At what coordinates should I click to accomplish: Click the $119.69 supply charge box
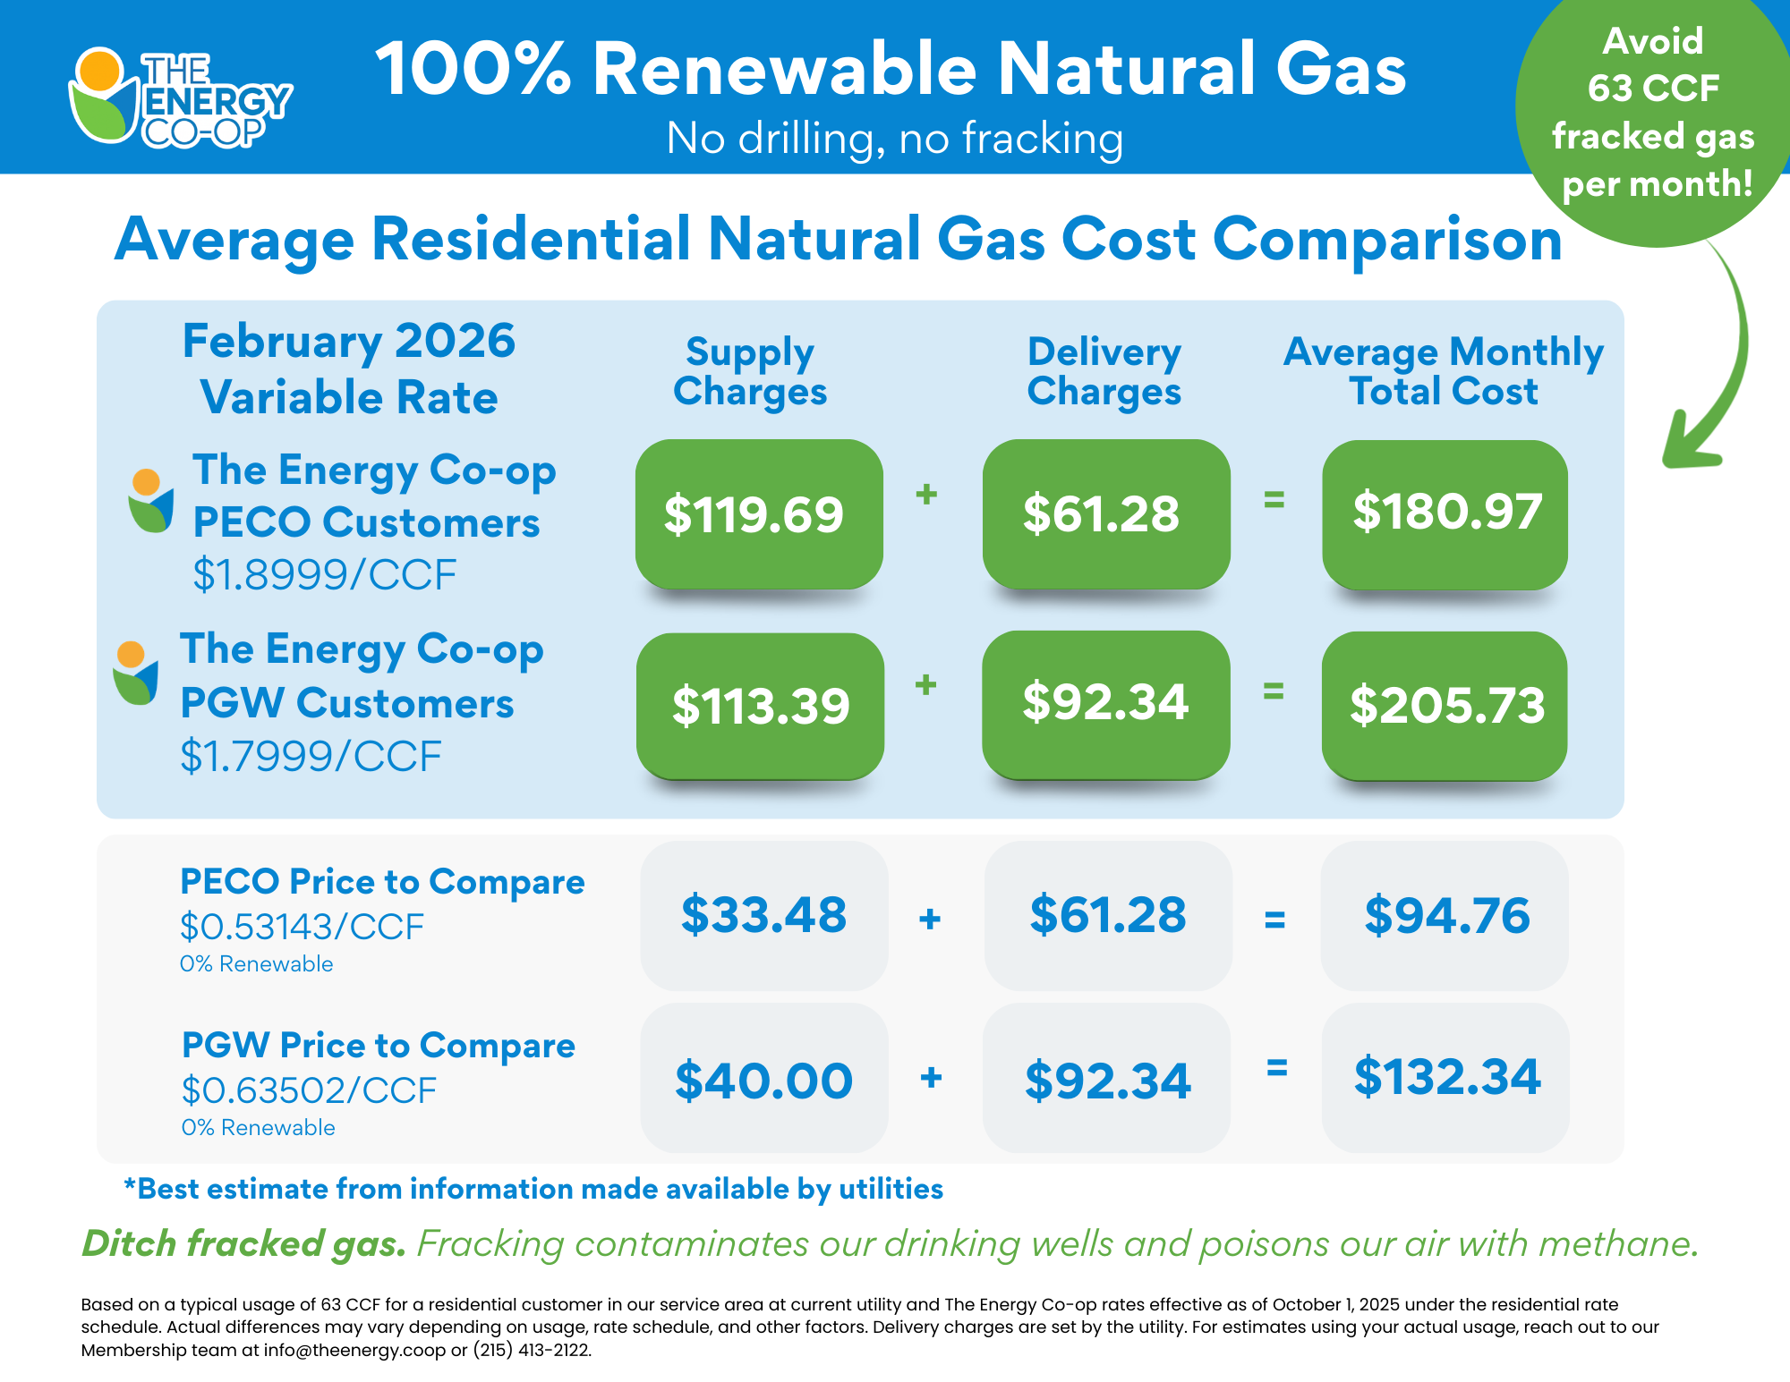pyautogui.click(x=758, y=513)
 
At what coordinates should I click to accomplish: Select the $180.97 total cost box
pyautogui.click(x=1445, y=513)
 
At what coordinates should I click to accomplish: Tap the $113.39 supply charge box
pyautogui.click(x=760, y=705)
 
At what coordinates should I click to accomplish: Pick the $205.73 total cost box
pyautogui.click(x=1445, y=705)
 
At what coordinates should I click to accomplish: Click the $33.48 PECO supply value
pyautogui.click(x=763, y=915)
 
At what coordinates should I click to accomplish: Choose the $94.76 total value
pyautogui.click(x=1445, y=915)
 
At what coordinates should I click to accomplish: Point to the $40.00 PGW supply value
pyautogui.click(x=763, y=1080)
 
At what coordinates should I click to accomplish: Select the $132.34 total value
pyautogui.click(x=1445, y=1076)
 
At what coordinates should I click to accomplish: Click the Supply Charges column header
pyautogui.click(x=750, y=371)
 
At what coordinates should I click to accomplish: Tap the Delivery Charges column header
pyautogui.click(x=1104, y=371)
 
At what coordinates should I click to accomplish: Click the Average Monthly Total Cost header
pyautogui.click(x=1443, y=371)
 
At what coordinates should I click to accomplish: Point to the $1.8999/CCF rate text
pyautogui.click(x=325, y=574)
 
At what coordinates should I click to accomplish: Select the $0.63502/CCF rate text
pyautogui.click(x=309, y=1090)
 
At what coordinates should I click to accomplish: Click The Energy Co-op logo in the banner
pyautogui.click(x=179, y=97)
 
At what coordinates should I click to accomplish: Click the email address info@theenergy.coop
pyautogui.click(x=354, y=1350)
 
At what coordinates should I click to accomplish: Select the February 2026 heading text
pyautogui.click(x=349, y=341)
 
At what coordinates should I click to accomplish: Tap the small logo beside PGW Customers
pyautogui.click(x=135, y=673)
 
